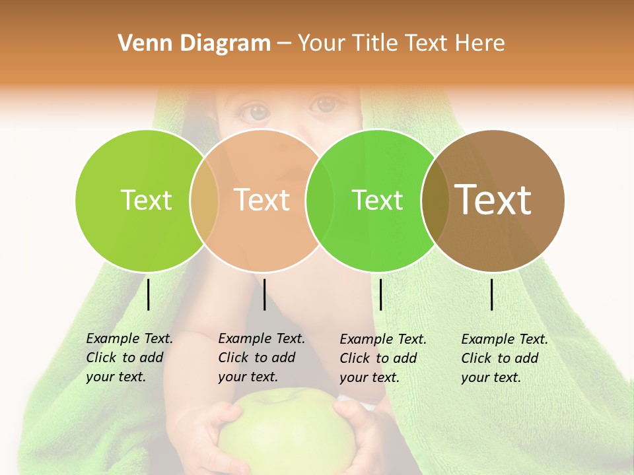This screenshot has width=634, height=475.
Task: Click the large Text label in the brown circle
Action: point(493,199)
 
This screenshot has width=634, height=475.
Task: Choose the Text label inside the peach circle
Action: point(262,200)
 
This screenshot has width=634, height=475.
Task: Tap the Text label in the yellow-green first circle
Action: point(146,200)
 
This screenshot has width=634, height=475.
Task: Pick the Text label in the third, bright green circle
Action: point(377,200)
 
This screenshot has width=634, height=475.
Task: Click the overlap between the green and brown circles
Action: point(435,201)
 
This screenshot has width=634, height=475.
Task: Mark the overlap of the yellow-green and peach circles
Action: point(204,201)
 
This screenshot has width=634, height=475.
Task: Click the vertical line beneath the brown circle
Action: point(492,294)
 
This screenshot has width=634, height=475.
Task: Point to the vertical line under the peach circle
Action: point(264,294)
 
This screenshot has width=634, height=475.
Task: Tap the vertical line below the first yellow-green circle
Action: point(149,294)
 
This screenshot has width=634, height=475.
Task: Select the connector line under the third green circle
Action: point(380,294)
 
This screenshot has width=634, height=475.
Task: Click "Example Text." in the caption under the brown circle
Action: point(505,339)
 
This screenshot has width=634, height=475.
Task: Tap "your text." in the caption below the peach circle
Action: point(248,377)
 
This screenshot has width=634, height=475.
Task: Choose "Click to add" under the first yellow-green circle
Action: point(125,358)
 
